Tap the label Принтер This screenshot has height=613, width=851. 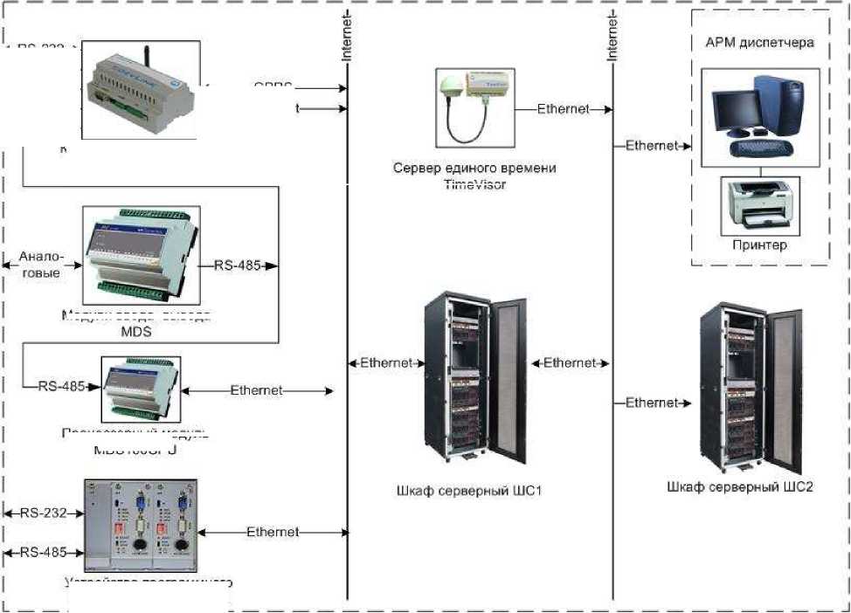[x=760, y=245]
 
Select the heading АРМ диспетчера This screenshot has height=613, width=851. [x=759, y=41]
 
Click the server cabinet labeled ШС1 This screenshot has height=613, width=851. [x=474, y=381]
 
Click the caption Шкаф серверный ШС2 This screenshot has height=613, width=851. [x=739, y=486]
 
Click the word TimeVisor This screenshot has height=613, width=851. [x=474, y=184]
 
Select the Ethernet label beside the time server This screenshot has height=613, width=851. [x=563, y=109]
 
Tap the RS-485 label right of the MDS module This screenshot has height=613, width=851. [x=239, y=265]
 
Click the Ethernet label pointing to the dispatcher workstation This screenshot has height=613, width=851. [x=652, y=146]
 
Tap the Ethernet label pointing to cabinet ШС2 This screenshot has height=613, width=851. [x=652, y=403]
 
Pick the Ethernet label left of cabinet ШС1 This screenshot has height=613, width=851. [x=386, y=363]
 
